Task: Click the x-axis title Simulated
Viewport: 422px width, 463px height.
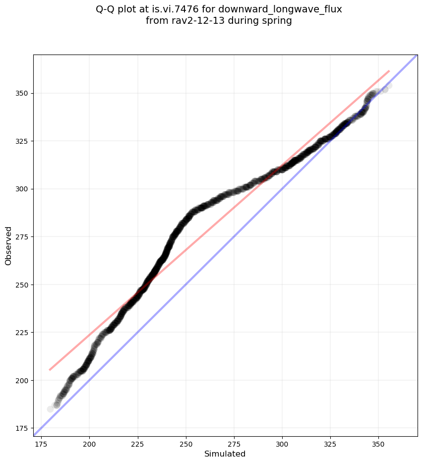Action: [225, 454]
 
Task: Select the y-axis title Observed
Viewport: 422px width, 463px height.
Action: [9, 245]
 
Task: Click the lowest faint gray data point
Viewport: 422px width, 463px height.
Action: [50, 409]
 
